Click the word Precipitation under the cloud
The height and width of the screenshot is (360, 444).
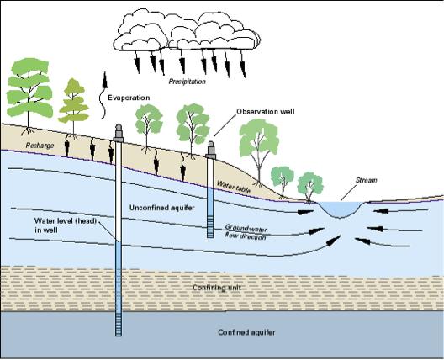click(188, 82)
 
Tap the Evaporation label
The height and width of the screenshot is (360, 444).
click(129, 98)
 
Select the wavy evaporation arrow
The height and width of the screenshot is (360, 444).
click(103, 96)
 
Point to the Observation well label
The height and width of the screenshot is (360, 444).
click(266, 112)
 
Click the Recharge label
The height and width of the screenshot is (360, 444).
click(40, 146)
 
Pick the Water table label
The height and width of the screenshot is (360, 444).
click(234, 187)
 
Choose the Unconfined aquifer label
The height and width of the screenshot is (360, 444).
click(162, 208)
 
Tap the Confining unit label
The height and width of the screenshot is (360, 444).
click(217, 288)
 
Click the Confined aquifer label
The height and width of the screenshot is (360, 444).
click(246, 332)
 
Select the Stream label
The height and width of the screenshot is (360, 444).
click(366, 180)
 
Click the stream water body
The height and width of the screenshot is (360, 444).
click(341, 209)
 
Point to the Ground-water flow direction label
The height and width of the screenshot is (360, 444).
click(246, 232)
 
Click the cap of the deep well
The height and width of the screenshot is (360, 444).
click(119, 133)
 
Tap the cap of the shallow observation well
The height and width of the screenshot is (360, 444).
click(211, 150)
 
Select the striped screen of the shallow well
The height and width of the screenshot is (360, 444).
click(210, 226)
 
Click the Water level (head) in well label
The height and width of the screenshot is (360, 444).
click(66, 225)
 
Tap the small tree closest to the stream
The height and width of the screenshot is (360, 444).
click(310, 187)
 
